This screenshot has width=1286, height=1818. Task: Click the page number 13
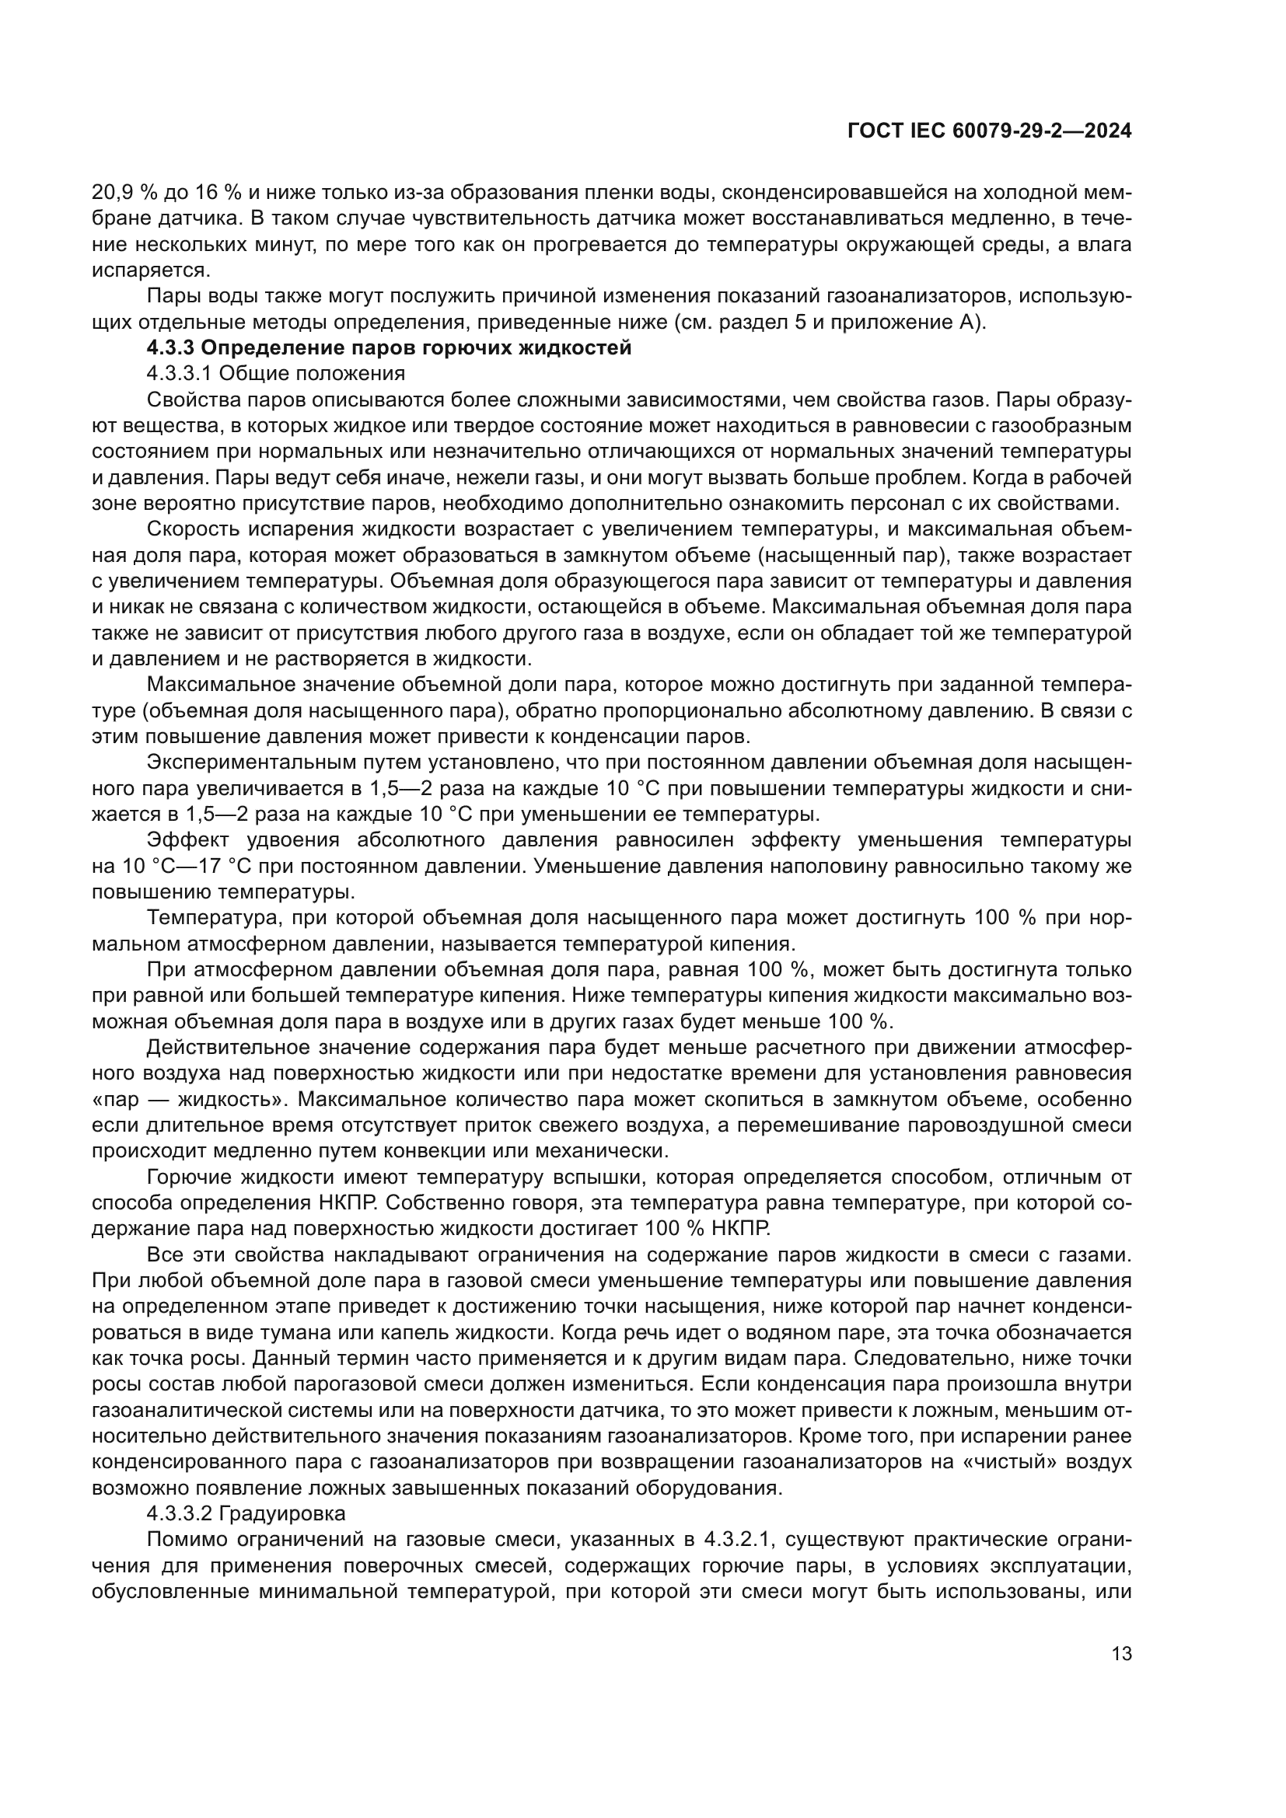1121,1654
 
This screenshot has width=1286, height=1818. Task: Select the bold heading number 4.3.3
170,347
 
